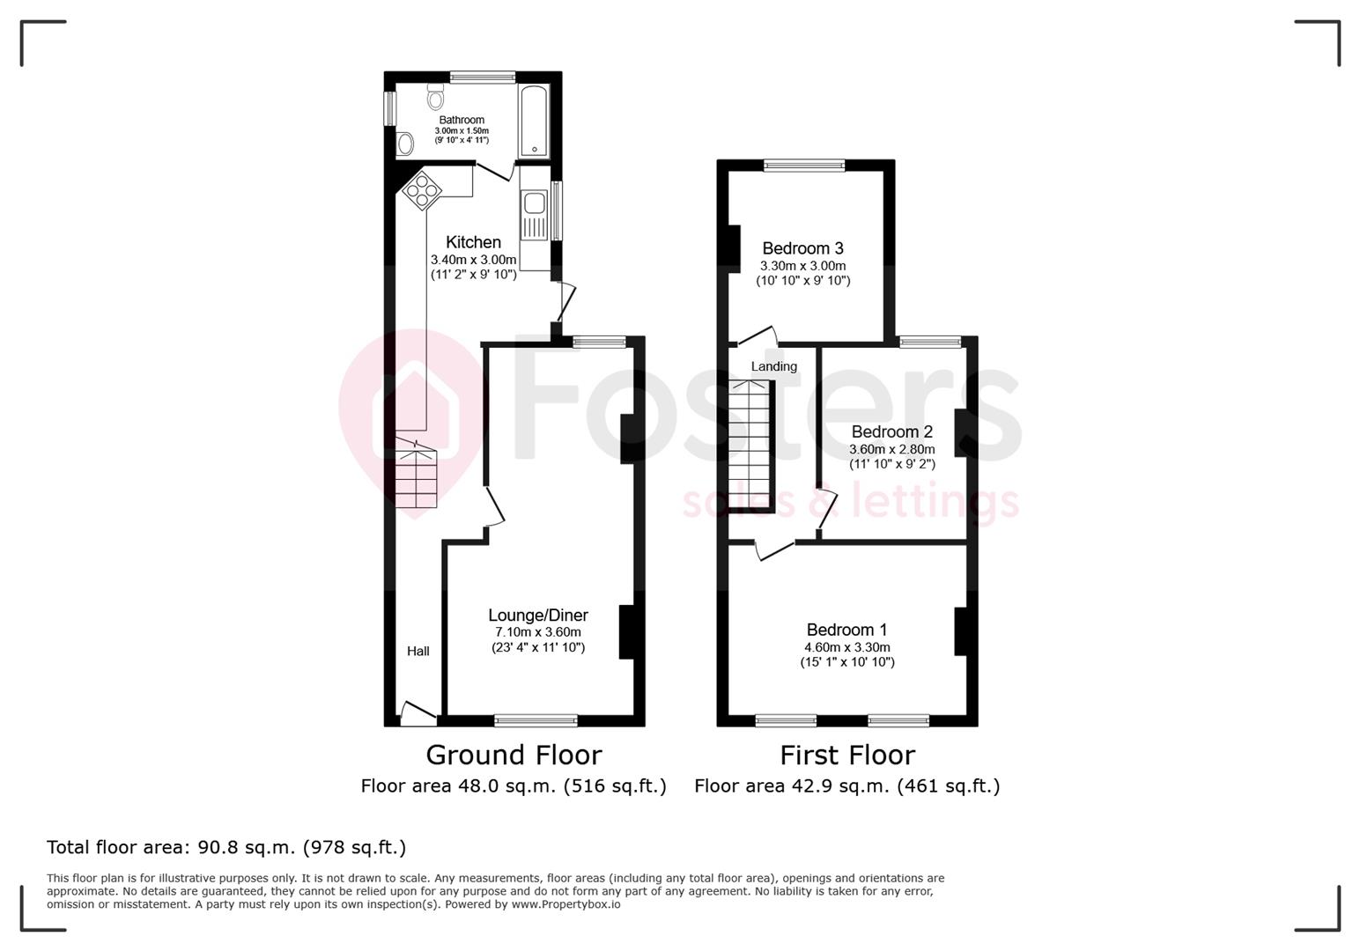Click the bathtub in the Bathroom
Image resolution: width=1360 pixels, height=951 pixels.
click(534, 121)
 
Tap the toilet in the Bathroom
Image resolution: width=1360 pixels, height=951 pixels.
click(435, 98)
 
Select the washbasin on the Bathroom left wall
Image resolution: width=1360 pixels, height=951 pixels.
click(405, 143)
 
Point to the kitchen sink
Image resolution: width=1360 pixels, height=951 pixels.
click(534, 205)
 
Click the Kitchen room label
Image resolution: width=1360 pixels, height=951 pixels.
click(473, 242)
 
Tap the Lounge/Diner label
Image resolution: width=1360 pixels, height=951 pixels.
click(538, 616)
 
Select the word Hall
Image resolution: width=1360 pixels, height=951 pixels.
click(418, 652)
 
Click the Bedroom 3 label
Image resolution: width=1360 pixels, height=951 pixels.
click(802, 248)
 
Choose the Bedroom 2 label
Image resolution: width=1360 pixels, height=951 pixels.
click(891, 431)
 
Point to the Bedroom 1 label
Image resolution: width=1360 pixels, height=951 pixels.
click(846, 630)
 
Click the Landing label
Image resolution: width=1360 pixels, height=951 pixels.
click(773, 366)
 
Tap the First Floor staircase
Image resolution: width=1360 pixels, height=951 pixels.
click(751, 445)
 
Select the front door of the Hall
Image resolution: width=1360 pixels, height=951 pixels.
click(419, 713)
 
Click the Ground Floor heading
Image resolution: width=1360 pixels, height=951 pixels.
click(514, 755)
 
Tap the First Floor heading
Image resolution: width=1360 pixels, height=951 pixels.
click(846, 755)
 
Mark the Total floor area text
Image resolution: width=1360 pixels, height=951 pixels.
click(226, 847)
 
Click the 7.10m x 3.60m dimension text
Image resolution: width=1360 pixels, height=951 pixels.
click(538, 632)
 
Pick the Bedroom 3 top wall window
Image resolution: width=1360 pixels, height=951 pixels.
click(803, 165)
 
